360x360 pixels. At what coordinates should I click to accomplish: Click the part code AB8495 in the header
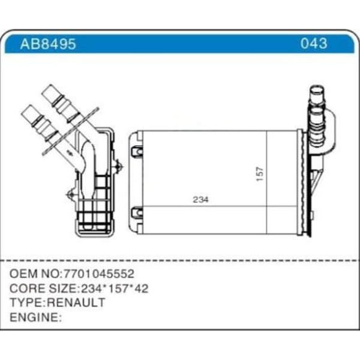tap(48, 44)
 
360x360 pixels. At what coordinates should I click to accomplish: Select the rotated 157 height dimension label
tap(260, 173)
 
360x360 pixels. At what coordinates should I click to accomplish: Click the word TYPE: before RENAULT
tap(28, 302)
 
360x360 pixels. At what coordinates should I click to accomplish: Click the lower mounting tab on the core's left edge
tap(137, 212)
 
